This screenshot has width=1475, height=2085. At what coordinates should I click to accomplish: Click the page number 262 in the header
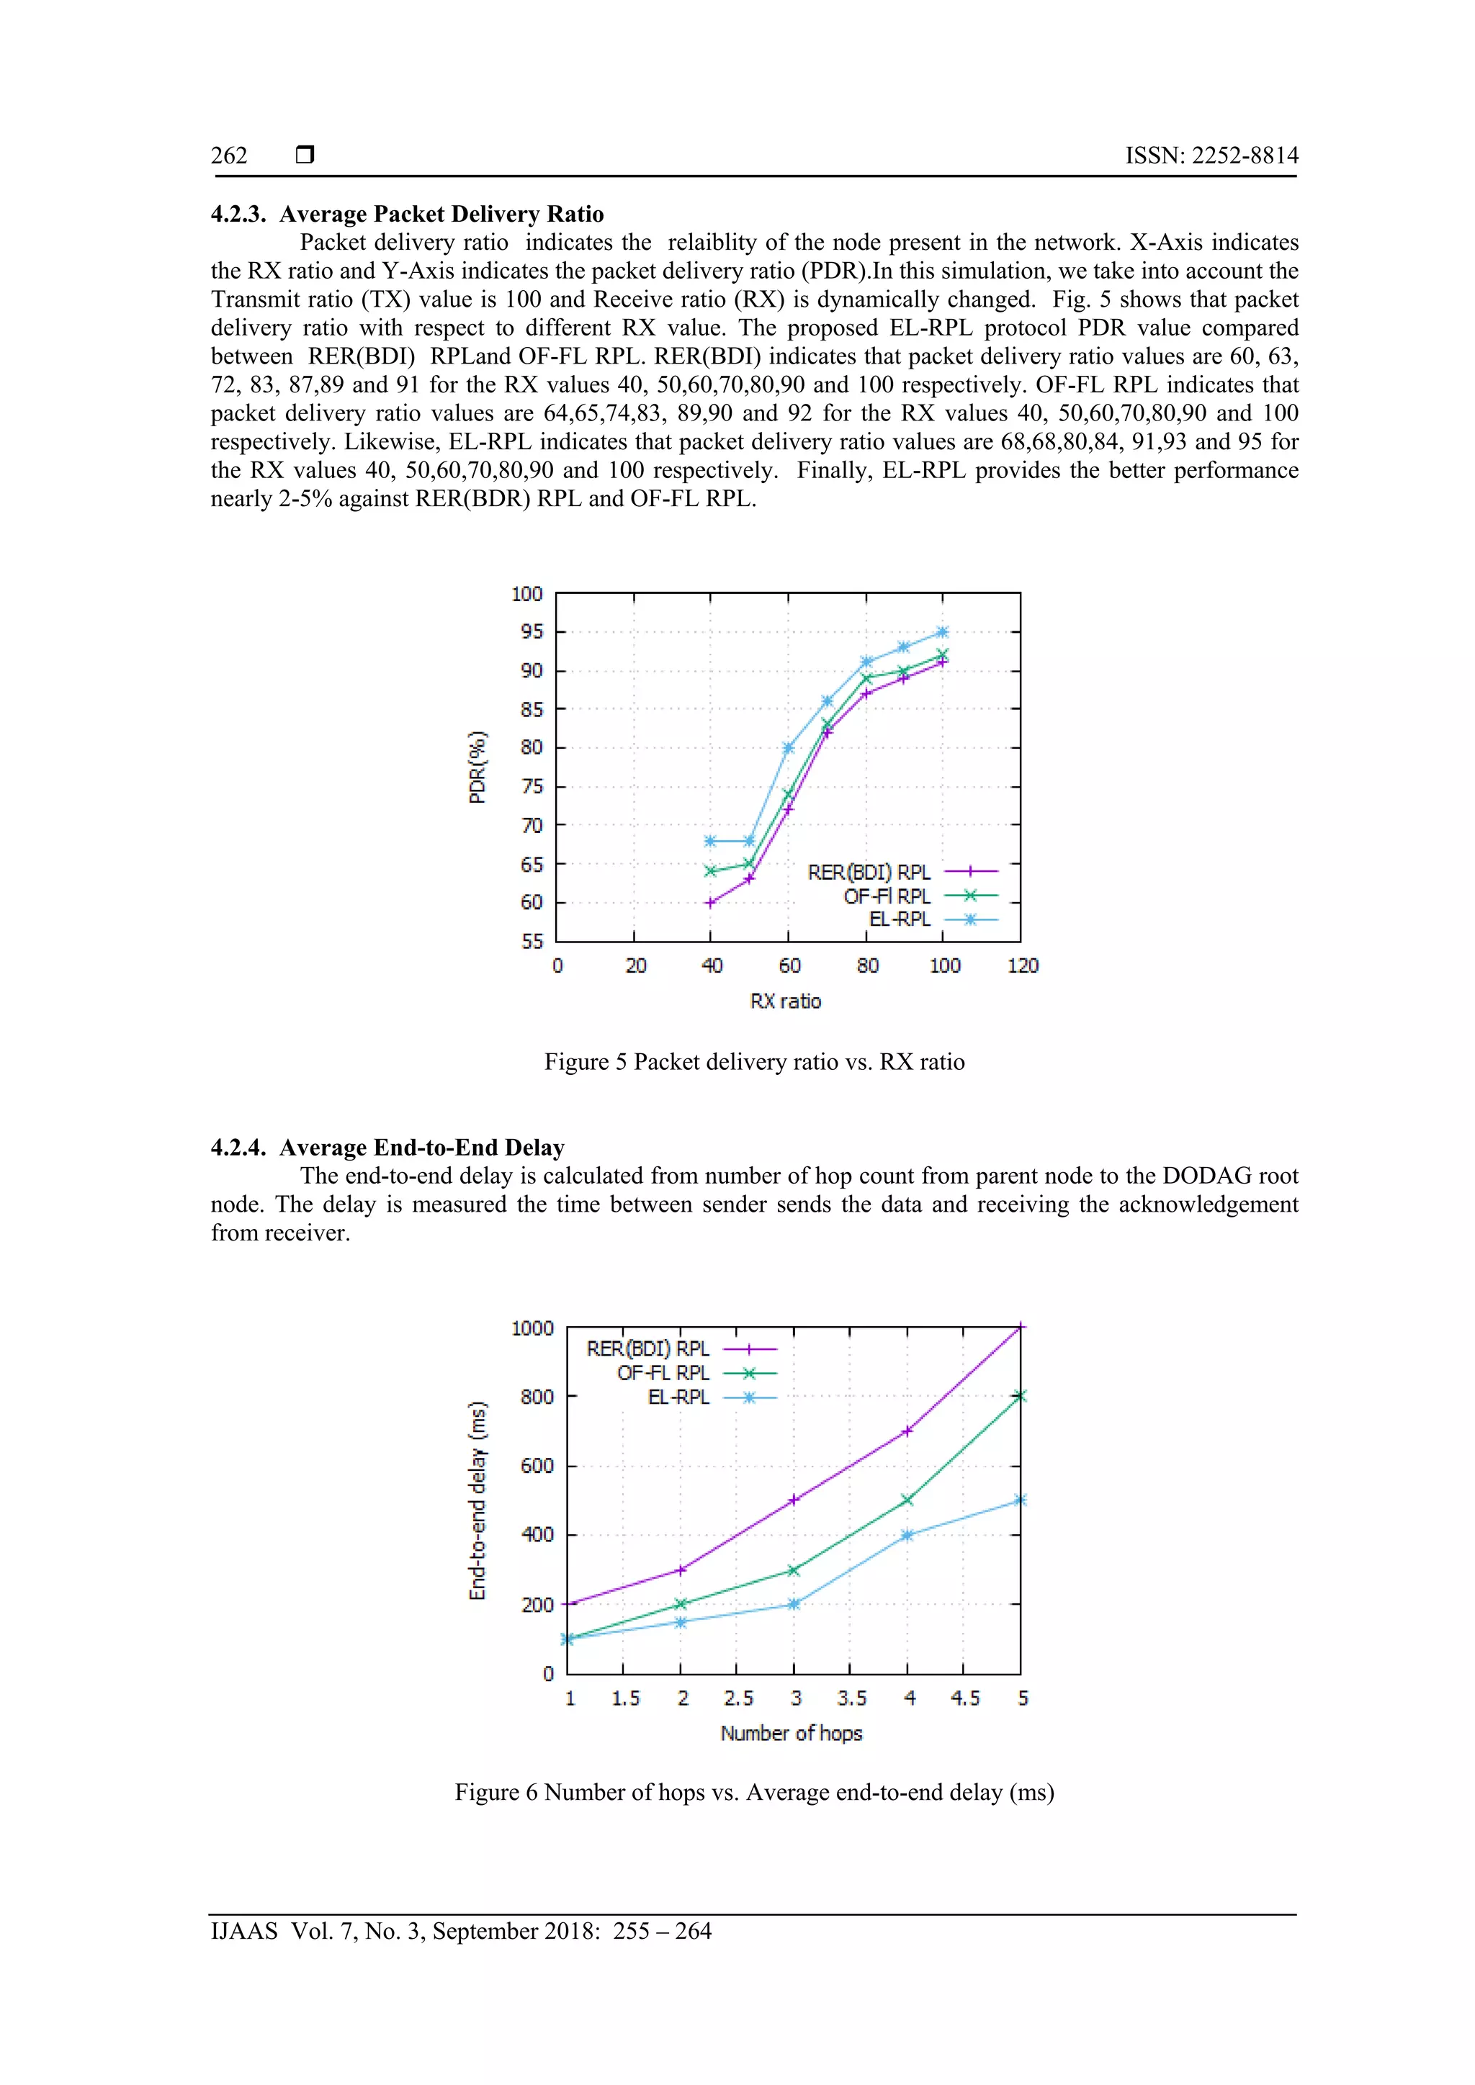point(229,156)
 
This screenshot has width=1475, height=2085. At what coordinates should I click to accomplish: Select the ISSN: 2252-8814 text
point(1211,156)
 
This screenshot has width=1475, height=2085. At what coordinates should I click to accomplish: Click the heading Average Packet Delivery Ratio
point(441,215)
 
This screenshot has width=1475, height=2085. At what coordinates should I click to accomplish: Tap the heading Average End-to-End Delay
point(421,1148)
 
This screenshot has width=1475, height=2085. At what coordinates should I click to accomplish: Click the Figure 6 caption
point(754,1793)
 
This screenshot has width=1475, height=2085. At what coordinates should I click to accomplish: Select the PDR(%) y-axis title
point(478,767)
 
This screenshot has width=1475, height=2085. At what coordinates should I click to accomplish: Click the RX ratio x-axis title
point(786,1001)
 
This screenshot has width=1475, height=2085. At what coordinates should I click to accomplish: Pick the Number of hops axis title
point(791,1733)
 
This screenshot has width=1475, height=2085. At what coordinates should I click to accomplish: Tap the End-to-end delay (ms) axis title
point(478,1501)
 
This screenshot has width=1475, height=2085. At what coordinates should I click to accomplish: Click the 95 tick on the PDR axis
point(532,632)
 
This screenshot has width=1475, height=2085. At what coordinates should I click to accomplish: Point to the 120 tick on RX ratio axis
point(1023,965)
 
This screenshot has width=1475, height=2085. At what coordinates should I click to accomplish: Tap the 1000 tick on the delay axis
point(532,1328)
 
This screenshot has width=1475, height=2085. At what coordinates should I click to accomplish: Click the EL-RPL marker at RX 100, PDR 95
point(943,632)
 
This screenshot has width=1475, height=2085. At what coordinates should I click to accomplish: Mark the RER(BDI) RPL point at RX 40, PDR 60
point(711,903)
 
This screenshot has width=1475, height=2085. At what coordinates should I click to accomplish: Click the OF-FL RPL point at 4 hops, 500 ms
point(907,1500)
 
